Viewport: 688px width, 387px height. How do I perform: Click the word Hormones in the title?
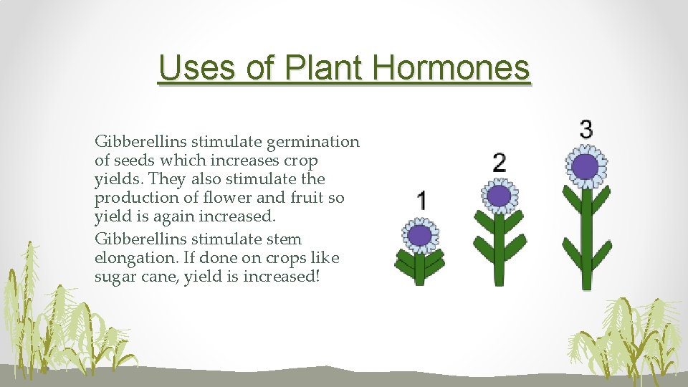(x=451, y=68)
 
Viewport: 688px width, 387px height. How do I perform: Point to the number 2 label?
(x=500, y=162)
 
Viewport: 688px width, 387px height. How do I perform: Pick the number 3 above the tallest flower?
(x=586, y=129)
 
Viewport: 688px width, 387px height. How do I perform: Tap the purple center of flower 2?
(x=499, y=196)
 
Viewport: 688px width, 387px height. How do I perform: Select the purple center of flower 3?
(x=586, y=166)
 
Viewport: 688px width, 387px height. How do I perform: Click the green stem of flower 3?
(x=586, y=244)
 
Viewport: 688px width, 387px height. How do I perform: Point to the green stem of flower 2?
(x=500, y=251)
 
